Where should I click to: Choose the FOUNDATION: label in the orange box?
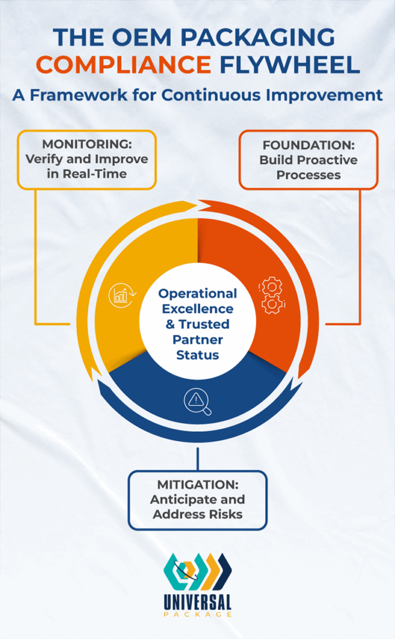click(x=308, y=145)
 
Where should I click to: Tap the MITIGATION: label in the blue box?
click(x=197, y=485)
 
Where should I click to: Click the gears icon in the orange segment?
click(x=271, y=296)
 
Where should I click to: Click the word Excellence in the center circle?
click(x=197, y=309)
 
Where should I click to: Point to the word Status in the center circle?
click(x=197, y=354)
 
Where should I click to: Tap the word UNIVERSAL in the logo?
click(x=198, y=602)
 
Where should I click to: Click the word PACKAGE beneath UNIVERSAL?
click(x=197, y=615)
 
